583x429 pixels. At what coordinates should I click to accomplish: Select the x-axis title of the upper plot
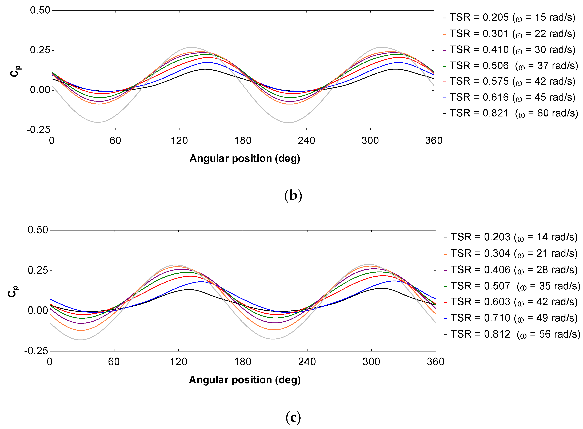click(245, 158)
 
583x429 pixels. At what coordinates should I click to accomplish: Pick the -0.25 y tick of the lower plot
click(36, 351)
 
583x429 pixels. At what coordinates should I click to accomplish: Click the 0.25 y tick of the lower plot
click(38, 270)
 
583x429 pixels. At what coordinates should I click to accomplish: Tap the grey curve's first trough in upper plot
click(98, 122)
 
